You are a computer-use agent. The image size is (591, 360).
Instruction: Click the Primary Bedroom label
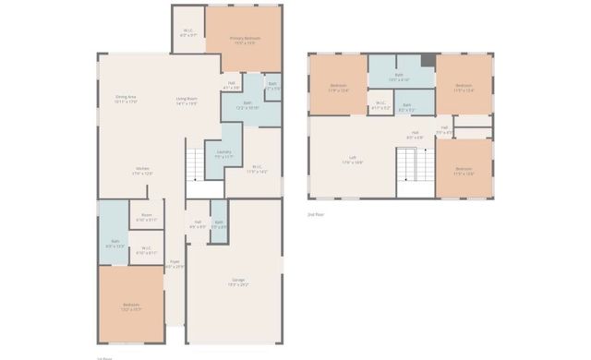[245, 39]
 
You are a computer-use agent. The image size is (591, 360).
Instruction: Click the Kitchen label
[142, 170]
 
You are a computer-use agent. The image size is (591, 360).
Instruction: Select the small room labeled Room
[146, 219]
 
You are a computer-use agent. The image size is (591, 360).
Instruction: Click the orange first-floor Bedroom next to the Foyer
[130, 306]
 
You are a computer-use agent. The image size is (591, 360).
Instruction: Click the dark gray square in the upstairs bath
[427, 61]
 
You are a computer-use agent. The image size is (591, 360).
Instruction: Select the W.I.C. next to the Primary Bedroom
[187, 33]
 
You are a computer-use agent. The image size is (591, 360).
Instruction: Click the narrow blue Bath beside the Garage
[219, 222]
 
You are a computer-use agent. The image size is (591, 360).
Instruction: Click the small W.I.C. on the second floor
[380, 103]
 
